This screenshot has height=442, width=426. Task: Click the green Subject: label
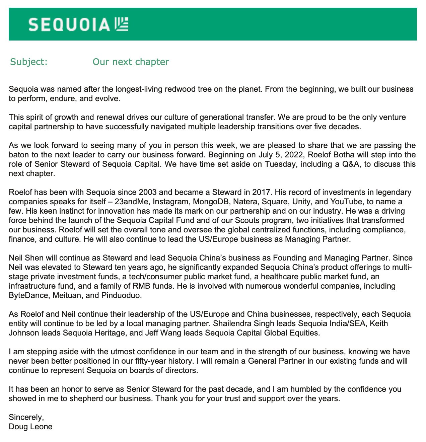tap(28, 62)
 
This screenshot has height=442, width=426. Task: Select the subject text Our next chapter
tap(131, 62)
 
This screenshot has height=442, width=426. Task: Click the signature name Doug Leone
tap(30, 427)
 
